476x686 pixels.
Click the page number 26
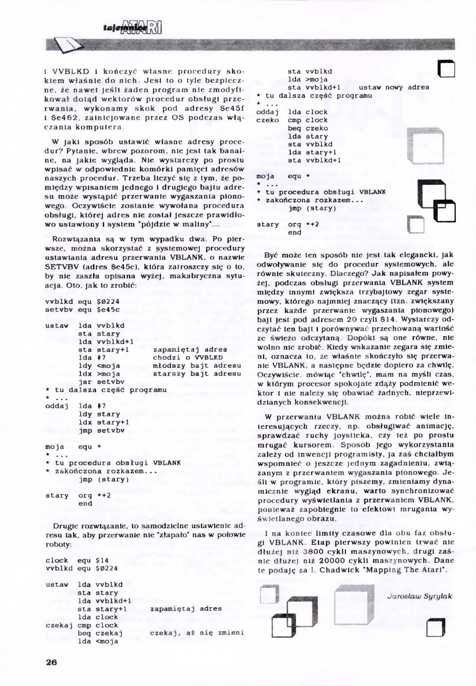click(52, 662)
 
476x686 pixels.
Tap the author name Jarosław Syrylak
click(420, 596)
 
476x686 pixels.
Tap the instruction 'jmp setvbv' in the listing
click(101, 431)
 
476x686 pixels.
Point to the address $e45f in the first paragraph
click(232, 108)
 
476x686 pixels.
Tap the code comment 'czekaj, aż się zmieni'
click(197, 633)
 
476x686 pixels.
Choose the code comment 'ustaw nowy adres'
click(394, 87)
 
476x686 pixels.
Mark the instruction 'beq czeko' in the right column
click(308, 128)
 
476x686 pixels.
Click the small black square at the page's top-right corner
click(446, 69)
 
